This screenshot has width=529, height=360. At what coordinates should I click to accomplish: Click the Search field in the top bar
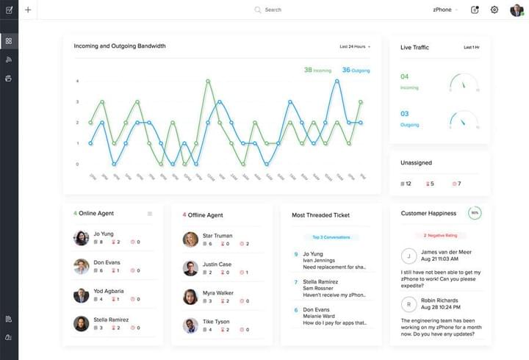273,10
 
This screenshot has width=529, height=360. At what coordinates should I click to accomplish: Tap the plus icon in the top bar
28,10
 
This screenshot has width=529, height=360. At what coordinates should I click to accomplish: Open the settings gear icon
494,10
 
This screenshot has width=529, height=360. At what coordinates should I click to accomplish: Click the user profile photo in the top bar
516,10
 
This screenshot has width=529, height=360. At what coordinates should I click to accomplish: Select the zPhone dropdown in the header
445,10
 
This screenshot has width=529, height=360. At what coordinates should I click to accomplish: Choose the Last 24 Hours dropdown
355,46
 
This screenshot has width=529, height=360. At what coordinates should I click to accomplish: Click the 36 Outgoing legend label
356,71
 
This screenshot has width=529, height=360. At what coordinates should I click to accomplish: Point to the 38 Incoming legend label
317,71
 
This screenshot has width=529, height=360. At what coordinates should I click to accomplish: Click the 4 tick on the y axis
77,81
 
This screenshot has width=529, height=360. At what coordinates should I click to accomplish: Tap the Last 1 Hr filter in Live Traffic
472,47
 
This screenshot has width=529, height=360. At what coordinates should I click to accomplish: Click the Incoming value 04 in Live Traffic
405,76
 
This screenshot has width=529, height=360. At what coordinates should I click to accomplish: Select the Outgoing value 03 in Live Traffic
405,113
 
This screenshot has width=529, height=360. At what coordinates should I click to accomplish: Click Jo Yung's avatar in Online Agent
82,238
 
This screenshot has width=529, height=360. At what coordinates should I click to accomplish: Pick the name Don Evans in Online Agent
107,262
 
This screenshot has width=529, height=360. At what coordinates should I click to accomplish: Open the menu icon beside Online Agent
150,214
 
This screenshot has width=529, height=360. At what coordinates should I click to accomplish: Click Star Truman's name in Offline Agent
217,236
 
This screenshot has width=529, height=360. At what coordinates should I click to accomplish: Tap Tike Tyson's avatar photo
190,325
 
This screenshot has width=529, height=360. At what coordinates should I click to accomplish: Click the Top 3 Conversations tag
331,237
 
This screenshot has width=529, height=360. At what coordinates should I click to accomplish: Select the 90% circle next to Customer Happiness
475,213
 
